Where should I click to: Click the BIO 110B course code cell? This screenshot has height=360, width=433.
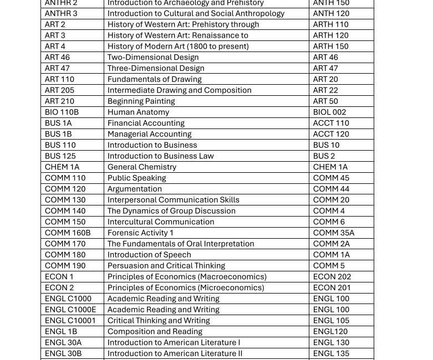[62, 112]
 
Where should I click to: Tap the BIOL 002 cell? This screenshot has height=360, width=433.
[329, 112]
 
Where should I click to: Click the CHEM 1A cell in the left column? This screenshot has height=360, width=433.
[62, 167]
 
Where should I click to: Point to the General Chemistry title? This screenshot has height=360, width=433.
[142, 167]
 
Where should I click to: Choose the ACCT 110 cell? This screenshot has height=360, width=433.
[331, 124]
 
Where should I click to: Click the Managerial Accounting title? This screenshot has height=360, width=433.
[149, 135]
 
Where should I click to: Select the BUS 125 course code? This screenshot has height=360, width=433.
[60, 156]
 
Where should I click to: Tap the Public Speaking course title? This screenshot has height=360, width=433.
[136, 178]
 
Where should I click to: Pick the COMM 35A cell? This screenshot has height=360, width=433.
[333, 233]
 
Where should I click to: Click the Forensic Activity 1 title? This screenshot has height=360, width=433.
[140, 233]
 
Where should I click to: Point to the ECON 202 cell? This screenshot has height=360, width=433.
[332, 277]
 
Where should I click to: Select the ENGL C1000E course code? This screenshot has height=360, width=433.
[70, 310]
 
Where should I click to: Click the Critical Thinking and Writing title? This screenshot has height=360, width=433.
[159, 321]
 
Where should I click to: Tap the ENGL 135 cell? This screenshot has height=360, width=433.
[331, 353]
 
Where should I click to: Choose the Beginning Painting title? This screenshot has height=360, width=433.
[141, 101]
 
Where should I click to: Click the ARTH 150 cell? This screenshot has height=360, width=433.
[330, 47]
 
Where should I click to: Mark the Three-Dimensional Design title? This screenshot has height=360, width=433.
[156, 69]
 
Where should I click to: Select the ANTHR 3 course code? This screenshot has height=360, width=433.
[61, 14]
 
